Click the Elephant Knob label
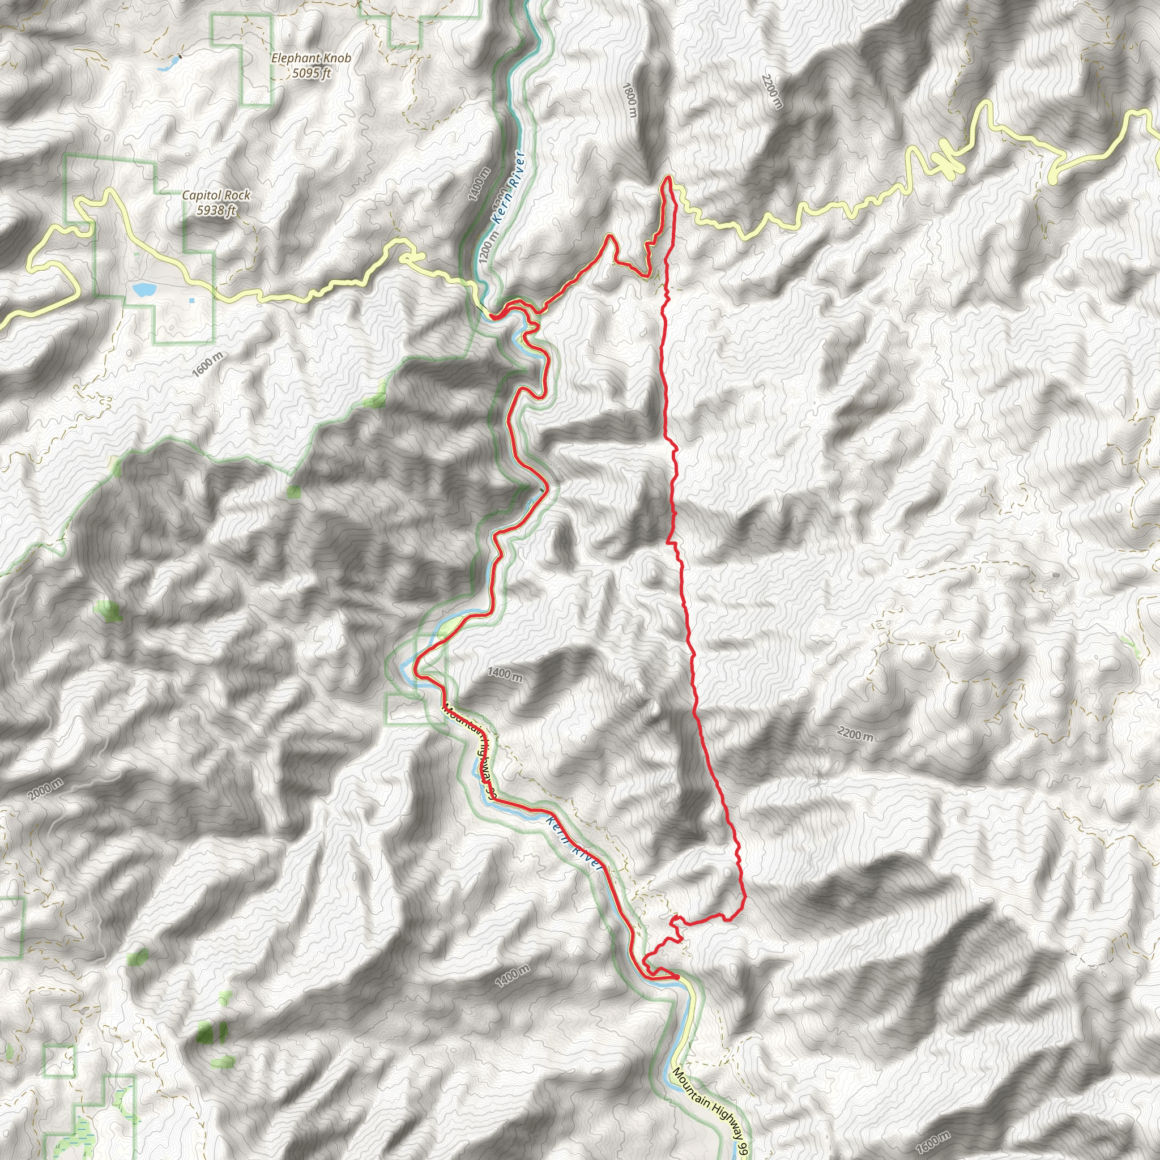pyautogui.click(x=310, y=58)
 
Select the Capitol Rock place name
pyautogui.click(x=216, y=195)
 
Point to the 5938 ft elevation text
pyautogui.click(x=216, y=210)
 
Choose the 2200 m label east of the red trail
pyautogui.click(x=855, y=733)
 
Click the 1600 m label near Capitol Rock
pyautogui.click(x=208, y=364)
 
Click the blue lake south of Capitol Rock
pyautogui.click(x=143, y=290)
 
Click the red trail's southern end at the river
pyautogui.click(x=677, y=978)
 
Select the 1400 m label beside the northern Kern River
pyautogui.click(x=480, y=184)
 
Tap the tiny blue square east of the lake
pyautogui.click(x=191, y=300)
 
